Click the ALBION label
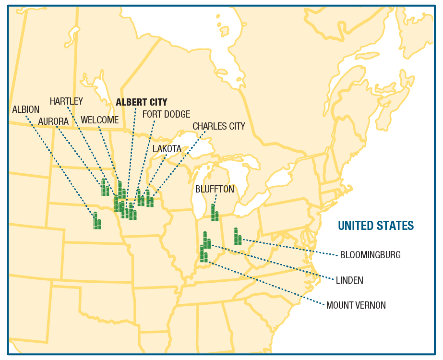click(26, 109)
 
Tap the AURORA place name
click(54, 121)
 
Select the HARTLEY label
click(66, 101)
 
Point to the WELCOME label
click(99, 120)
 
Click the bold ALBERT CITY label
click(142, 102)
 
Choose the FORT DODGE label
click(166, 114)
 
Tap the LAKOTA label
click(167, 149)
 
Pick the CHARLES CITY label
click(219, 126)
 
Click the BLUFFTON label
click(215, 189)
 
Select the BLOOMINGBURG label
click(370, 255)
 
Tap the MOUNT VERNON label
click(356, 305)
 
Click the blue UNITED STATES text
click(376, 226)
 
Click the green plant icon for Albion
click(97, 221)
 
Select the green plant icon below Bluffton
click(215, 213)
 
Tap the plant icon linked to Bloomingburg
click(237, 237)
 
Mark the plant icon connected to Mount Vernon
click(204, 254)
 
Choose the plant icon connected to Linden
click(206, 240)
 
